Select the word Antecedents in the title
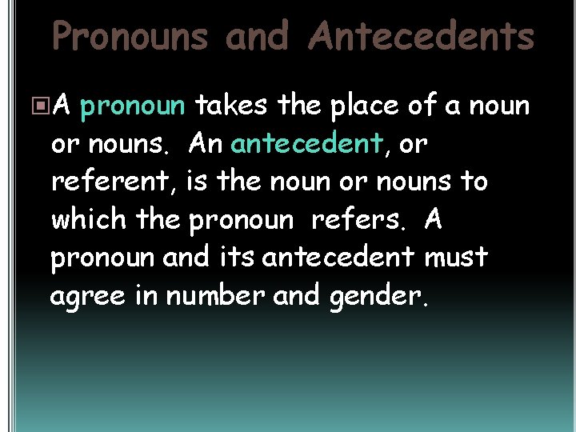click(x=422, y=37)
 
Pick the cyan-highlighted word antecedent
click(x=305, y=144)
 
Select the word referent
click(x=112, y=182)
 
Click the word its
click(x=240, y=258)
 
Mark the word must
click(x=456, y=258)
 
